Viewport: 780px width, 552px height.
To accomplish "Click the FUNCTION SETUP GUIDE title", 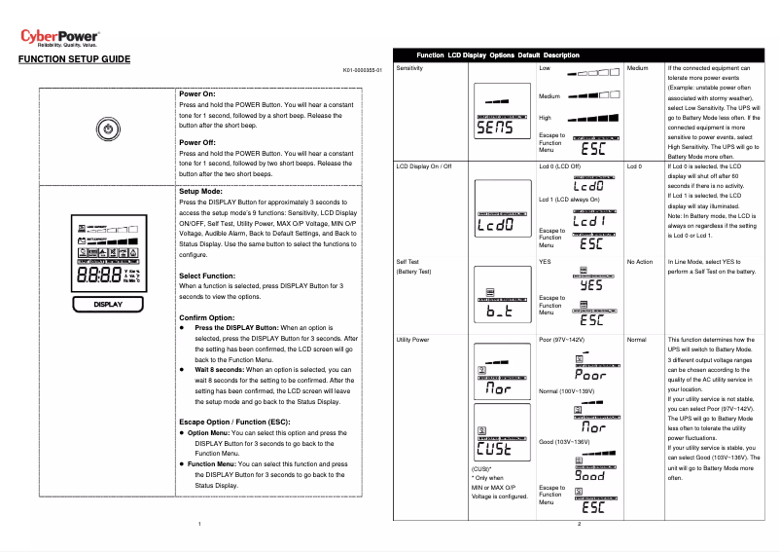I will tap(74, 59).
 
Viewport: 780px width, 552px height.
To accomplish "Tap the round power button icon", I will tap(108, 129).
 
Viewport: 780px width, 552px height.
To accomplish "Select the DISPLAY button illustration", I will tap(108, 305).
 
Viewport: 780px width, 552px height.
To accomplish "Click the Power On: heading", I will tap(197, 93).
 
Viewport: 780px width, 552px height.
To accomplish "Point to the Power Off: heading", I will tap(198, 143).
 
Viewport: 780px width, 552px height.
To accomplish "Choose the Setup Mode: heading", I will tap(201, 192).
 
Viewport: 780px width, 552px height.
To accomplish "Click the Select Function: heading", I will tap(207, 276).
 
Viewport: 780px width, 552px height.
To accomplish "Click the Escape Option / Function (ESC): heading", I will tap(234, 422).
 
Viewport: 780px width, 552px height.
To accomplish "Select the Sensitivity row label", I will tap(409, 69).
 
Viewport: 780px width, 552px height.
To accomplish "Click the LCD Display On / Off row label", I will tap(425, 166).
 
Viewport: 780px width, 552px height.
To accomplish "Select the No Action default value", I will tap(640, 262).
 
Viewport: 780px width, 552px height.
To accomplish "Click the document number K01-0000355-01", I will tap(363, 71).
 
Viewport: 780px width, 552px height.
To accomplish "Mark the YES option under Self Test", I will tap(545, 262).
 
